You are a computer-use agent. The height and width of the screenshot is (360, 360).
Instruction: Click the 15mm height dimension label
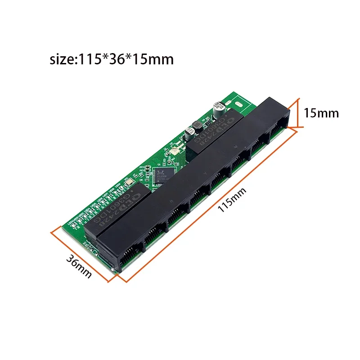tap(321, 112)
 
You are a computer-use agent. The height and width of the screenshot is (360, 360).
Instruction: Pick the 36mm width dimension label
tap(79, 266)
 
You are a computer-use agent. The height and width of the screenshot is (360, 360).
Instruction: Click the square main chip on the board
tap(161, 175)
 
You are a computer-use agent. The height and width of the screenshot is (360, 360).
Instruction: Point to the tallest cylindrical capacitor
tap(220, 109)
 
